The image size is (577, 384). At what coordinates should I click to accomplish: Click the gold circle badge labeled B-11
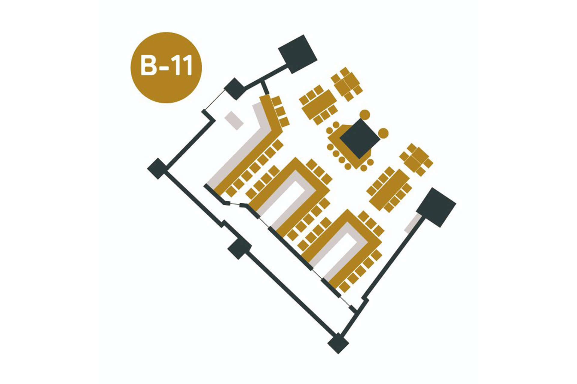click(x=166, y=67)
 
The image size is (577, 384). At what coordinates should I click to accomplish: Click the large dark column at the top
click(x=298, y=54)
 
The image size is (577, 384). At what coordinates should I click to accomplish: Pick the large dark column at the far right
click(x=436, y=207)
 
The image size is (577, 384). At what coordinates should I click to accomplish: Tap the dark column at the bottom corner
click(x=338, y=343)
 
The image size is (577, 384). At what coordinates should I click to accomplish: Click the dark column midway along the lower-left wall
click(x=240, y=248)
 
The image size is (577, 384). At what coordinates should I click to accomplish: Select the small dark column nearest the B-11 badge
click(x=235, y=89)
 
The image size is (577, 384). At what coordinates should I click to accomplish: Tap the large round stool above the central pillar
click(x=365, y=115)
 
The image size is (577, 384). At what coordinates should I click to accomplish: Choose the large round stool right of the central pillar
click(x=383, y=133)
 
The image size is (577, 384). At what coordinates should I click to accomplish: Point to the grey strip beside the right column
click(x=411, y=223)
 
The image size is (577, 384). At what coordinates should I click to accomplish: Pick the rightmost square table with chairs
click(x=416, y=160)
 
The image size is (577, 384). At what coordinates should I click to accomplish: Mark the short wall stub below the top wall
click(x=265, y=88)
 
